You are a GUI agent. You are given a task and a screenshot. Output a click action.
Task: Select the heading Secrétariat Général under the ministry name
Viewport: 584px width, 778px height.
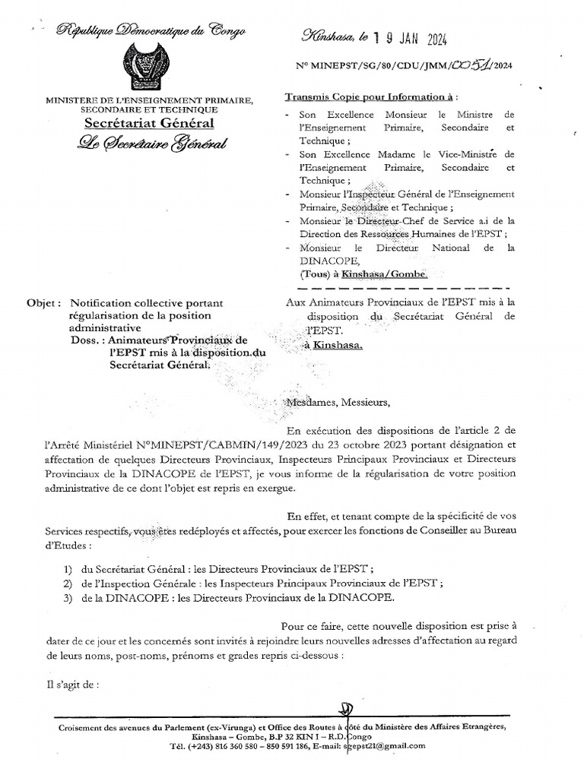[149, 123]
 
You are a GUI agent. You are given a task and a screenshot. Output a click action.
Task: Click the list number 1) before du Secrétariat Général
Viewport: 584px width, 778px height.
[69, 569]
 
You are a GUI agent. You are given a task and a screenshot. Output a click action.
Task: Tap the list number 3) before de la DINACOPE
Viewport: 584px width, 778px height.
[69, 598]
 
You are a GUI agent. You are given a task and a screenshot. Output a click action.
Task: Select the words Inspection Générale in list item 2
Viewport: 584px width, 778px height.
[144, 583]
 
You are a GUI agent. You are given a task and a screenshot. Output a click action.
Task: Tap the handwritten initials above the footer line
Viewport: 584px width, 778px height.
[347, 710]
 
